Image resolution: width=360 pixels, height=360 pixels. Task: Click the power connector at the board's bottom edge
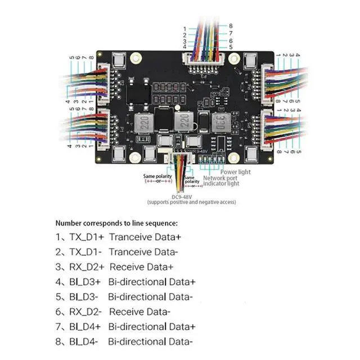(179, 159)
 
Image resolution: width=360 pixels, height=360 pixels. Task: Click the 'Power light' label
(236, 172)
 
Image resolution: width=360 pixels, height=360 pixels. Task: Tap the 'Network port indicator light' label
(221, 180)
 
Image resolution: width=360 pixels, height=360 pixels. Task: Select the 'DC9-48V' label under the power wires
(190, 196)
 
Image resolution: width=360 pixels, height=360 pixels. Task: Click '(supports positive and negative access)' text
(191, 202)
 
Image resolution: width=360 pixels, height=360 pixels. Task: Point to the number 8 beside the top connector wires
(231, 26)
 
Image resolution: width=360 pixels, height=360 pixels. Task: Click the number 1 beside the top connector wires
(184, 28)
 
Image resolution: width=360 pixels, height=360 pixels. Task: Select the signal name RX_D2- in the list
(85, 311)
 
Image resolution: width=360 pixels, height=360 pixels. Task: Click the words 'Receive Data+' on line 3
(141, 267)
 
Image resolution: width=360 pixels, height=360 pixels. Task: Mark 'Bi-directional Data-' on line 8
(150, 341)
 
